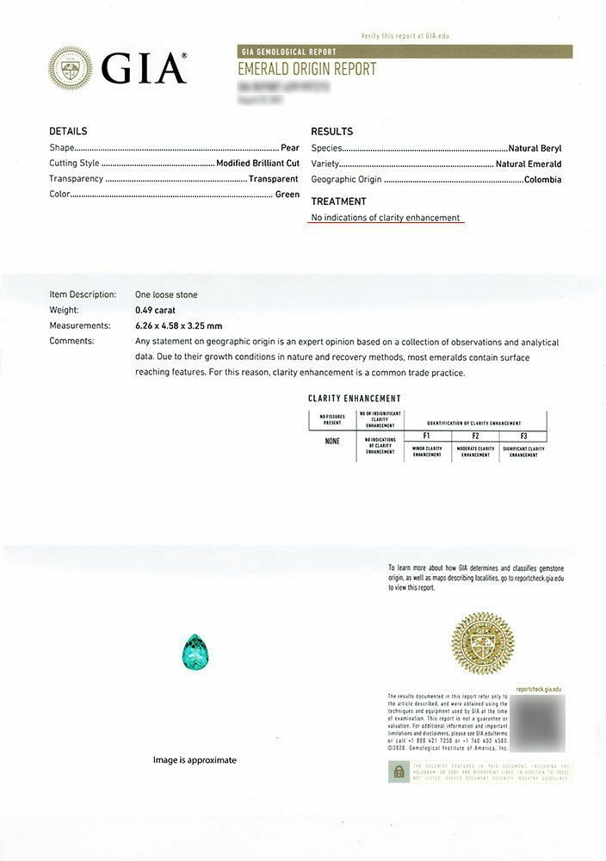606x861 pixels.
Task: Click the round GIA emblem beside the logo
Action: click(x=70, y=68)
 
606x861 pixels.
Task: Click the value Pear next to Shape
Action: click(x=289, y=148)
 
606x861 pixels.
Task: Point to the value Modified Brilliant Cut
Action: click(x=257, y=164)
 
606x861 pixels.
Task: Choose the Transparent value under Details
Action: click(x=274, y=179)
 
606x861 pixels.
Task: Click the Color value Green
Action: click(x=287, y=195)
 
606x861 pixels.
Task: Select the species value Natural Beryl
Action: click(x=535, y=148)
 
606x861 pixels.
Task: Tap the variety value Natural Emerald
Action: click(x=529, y=164)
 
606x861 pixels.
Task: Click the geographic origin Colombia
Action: click(x=542, y=180)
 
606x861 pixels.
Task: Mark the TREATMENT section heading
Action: click(x=338, y=201)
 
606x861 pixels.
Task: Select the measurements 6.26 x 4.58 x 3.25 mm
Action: click(x=178, y=325)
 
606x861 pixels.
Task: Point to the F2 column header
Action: click(x=475, y=437)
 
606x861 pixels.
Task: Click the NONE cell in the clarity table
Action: click(x=332, y=442)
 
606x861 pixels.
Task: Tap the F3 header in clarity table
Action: click(x=523, y=437)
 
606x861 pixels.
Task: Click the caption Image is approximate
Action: click(x=195, y=760)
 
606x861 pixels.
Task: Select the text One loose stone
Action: click(x=166, y=294)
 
